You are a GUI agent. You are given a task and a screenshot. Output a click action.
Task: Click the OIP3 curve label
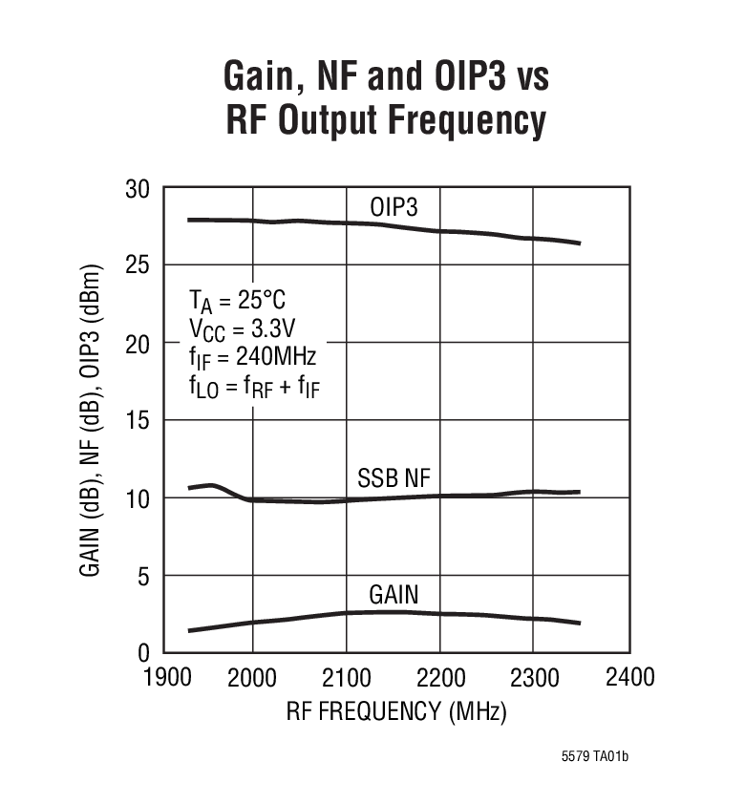point(394,207)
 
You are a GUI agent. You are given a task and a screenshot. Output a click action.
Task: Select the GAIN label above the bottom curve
point(394,596)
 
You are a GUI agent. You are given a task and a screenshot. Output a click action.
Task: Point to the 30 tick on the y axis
point(138,189)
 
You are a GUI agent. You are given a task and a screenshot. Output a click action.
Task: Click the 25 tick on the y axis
point(138,265)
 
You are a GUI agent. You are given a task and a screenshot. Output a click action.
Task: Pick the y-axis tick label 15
point(138,421)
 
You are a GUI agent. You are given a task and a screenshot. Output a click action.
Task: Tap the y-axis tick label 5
point(143,576)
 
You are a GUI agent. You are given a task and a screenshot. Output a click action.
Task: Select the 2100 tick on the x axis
point(346,677)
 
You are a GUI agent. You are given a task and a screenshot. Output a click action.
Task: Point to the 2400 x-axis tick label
point(628,677)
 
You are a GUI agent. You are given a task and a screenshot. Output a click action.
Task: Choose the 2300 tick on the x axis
point(534,677)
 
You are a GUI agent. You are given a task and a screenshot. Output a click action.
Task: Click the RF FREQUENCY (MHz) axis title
point(395,712)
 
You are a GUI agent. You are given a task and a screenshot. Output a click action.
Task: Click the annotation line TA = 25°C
point(236,302)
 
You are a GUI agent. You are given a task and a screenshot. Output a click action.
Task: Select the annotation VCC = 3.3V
point(241,330)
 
